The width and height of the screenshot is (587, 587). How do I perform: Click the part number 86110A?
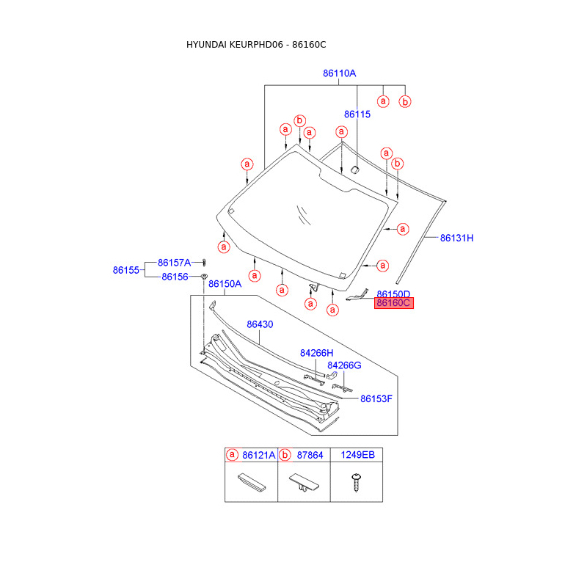tap(339, 73)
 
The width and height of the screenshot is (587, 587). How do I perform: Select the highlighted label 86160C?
tap(394, 302)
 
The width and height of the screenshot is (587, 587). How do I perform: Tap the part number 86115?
tap(357, 114)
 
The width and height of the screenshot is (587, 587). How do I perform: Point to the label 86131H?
tap(457, 238)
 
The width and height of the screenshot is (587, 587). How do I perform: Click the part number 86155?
tap(126, 270)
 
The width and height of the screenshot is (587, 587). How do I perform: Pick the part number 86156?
tap(175, 277)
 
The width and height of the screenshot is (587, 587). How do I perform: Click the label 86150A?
tap(225, 284)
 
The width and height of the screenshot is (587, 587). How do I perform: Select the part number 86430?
tap(260, 324)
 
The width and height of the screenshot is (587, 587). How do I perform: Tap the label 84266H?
tap(316, 353)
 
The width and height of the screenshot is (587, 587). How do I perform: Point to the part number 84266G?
tap(344, 365)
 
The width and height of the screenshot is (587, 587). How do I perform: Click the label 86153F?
tap(376, 398)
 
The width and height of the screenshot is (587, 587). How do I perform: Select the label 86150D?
tap(393, 293)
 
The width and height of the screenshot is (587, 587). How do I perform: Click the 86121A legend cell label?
tap(259, 455)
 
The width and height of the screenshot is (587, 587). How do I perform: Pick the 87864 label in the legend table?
tap(310, 455)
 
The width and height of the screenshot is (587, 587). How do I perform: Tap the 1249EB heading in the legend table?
tap(357, 455)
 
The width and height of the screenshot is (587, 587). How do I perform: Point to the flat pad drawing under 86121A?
tap(249, 482)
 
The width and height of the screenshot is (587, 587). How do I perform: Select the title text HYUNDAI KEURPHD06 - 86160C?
tap(256, 45)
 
